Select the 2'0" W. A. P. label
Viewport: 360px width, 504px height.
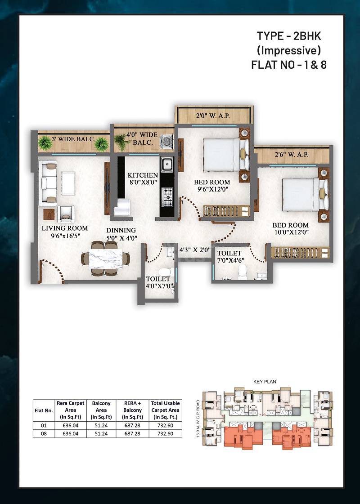[x=213, y=116]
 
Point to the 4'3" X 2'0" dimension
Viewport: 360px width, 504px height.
[x=195, y=250]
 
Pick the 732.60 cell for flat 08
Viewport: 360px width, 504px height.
[x=166, y=433]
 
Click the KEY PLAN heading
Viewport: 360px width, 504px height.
[x=265, y=382]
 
